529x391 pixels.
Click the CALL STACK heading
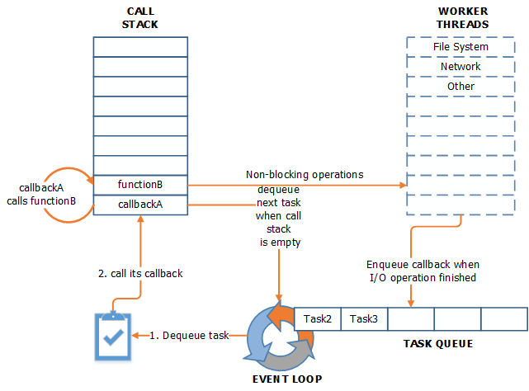tap(141, 17)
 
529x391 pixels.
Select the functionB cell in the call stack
tap(141, 184)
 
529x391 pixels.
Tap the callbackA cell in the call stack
tap(141, 204)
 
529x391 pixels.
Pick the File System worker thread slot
tap(460, 47)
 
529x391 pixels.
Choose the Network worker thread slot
tap(460, 67)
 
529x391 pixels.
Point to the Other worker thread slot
tap(460, 87)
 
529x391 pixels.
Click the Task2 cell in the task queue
tap(317, 318)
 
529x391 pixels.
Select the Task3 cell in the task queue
tap(364, 318)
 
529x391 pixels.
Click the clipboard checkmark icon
tap(113, 336)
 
